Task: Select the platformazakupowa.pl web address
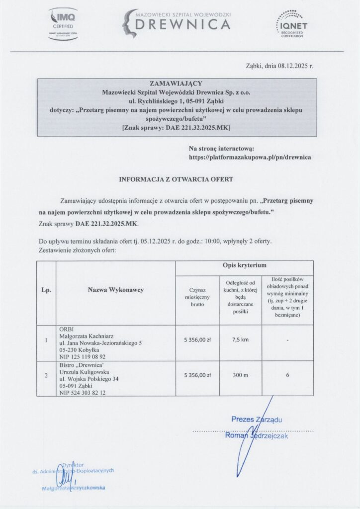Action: point(250,157)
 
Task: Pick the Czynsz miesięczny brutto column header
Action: point(197,296)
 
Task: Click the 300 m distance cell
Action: point(241,375)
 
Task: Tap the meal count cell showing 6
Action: point(288,375)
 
